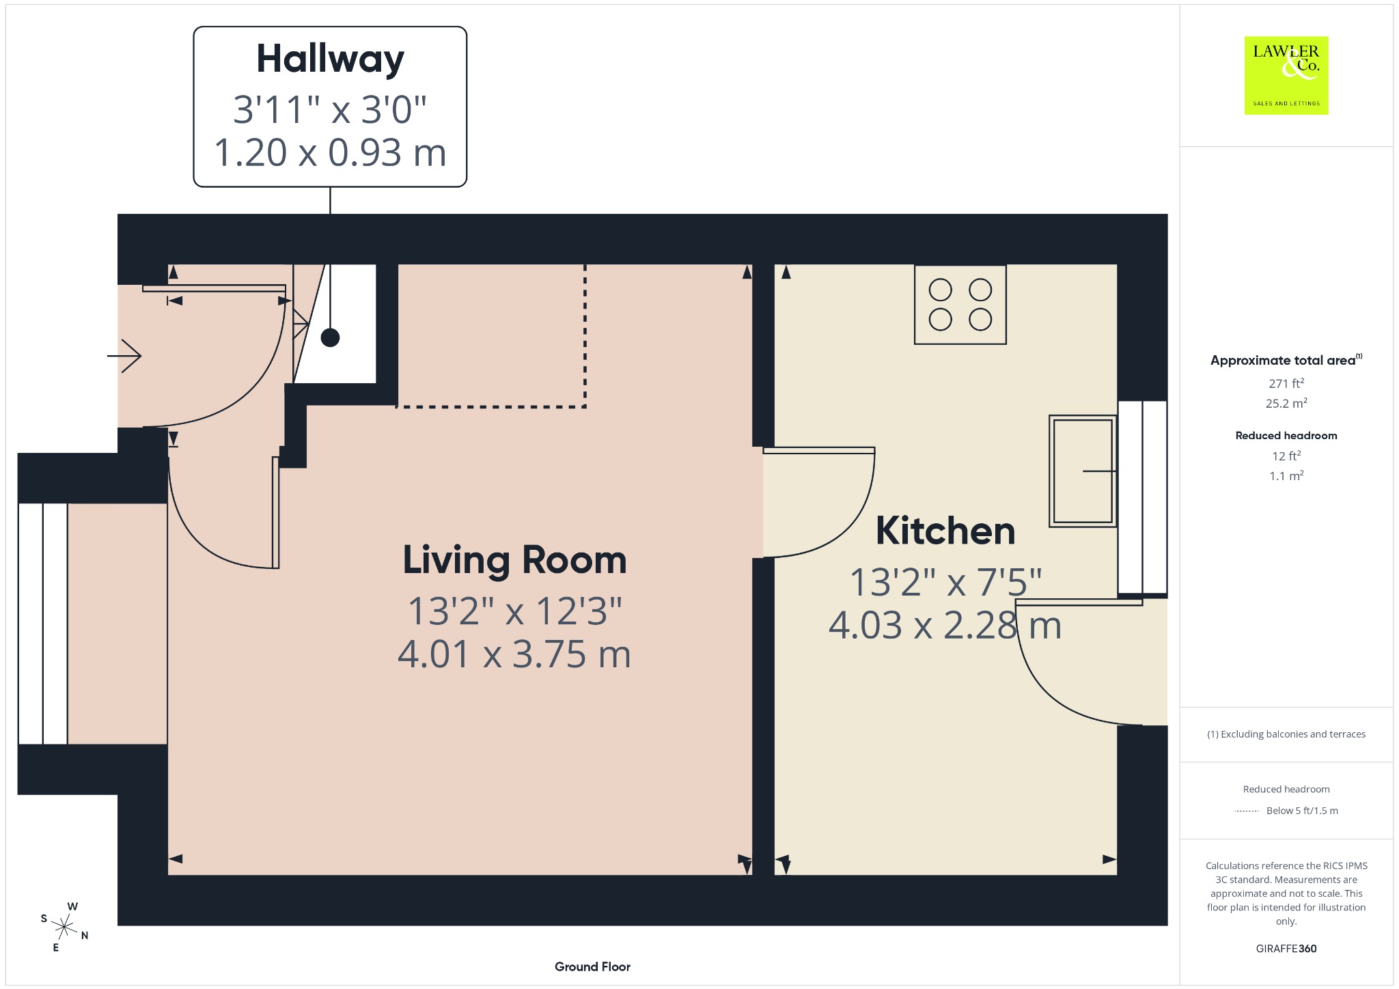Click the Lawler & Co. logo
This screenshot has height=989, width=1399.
point(1286,75)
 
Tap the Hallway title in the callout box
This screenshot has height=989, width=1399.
point(330,59)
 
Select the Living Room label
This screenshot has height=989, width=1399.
point(514,560)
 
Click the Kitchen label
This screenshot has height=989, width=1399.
point(945,531)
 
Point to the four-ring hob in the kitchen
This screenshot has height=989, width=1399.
point(960,305)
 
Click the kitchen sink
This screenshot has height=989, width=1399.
point(1083,471)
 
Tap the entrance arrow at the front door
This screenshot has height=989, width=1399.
point(124,356)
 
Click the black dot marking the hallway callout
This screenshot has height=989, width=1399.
point(330,337)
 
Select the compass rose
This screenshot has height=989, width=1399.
point(64,927)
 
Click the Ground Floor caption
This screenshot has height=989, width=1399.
point(592,966)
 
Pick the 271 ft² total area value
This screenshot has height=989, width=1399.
point(1286,383)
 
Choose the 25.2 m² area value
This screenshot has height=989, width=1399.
point(1286,403)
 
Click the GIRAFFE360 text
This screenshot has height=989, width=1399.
point(1286,948)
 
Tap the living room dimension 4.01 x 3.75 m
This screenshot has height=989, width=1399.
point(514,654)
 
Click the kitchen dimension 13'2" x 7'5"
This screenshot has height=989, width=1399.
point(945,583)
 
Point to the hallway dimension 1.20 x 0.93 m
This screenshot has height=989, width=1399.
point(330,152)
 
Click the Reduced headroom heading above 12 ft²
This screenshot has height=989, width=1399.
point(1286,435)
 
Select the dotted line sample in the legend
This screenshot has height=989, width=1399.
point(1247,811)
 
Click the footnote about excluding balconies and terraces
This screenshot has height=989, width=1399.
point(1286,734)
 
